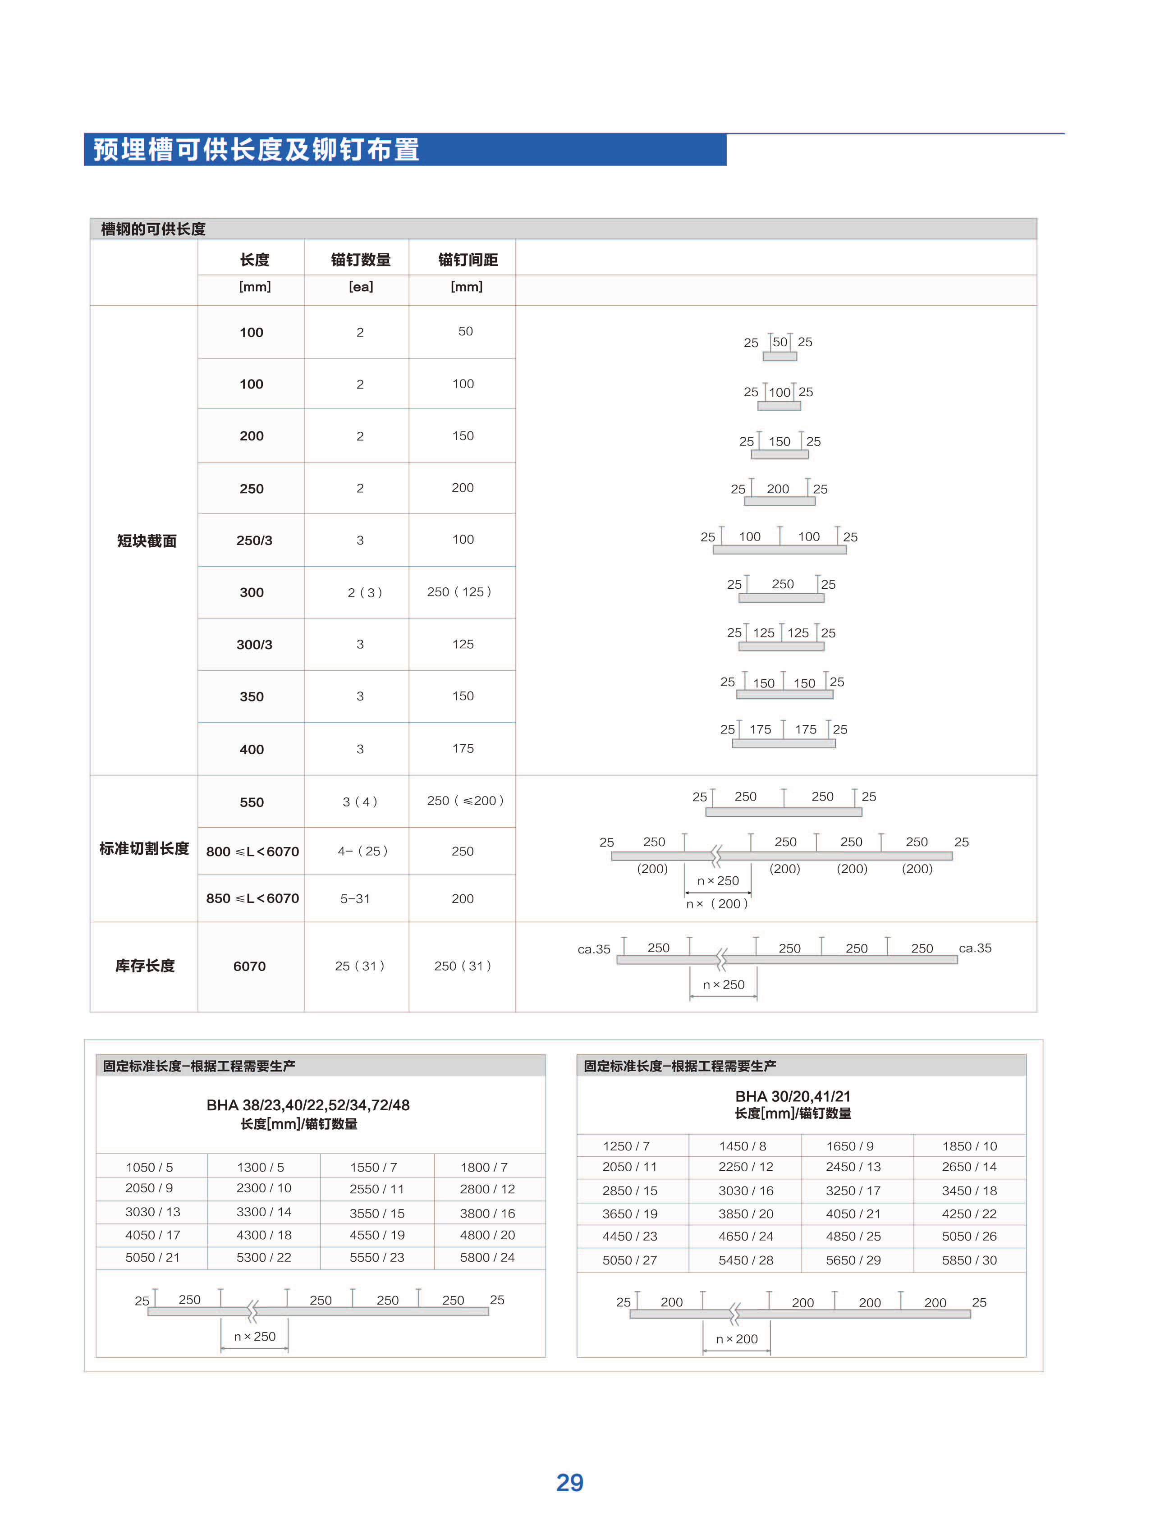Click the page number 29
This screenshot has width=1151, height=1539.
click(x=569, y=1482)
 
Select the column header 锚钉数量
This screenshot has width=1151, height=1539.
click(x=361, y=260)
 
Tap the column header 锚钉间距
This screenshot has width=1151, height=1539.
click(x=468, y=260)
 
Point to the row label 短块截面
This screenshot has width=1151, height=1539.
click(x=146, y=540)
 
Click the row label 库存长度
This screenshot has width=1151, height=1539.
click(x=145, y=966)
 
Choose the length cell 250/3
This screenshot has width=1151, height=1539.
click(x=254, y=540)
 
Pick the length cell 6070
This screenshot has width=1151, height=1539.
click(x=249, y=966)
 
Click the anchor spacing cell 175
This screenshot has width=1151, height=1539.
click(x=463, y=749)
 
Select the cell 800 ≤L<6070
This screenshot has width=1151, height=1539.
click(x=252, y=851)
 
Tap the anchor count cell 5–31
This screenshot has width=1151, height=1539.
click(x=355, y=898)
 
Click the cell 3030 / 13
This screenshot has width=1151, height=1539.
click(x=152, y=1211)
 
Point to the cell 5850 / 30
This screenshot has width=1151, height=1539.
click(x=969, y=1260)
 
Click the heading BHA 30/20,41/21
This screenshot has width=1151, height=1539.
click(x=793, y=1096)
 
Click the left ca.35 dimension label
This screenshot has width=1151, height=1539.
click(x=594, y=949)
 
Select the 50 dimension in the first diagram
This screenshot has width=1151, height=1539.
click(x=780, y=342)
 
